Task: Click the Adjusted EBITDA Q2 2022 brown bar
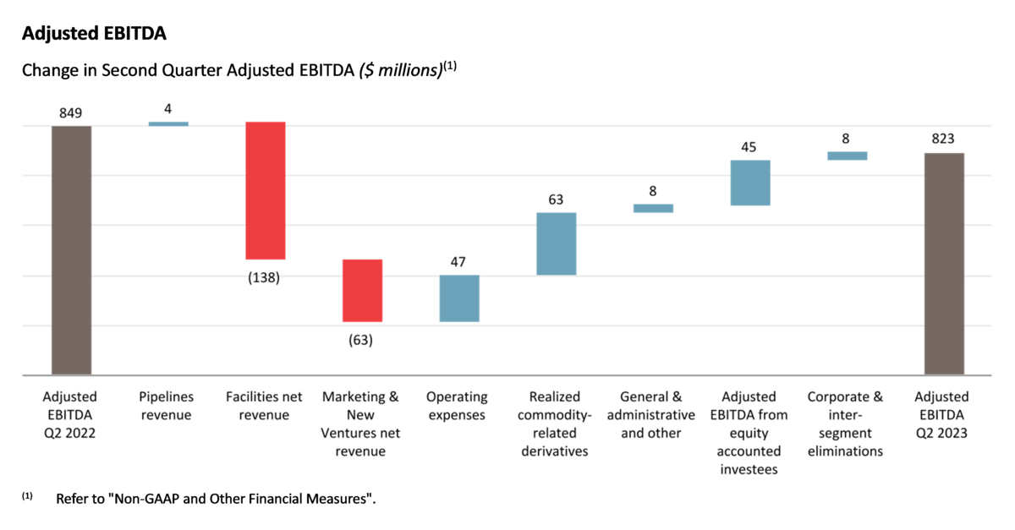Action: (x=72, y=249)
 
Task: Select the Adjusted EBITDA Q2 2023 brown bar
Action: (x=943, y=263)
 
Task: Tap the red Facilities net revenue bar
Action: (x=266, y=190)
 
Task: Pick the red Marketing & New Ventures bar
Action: (x=362, y=290)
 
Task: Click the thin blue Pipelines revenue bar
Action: (x=168, y=123)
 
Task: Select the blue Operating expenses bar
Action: (x=459, y=298)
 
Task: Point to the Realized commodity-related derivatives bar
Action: (x=556, y=243)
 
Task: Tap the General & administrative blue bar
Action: (x=653, y=208)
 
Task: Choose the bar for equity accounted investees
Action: (x=750, y=183)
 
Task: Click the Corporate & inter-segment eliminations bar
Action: (x=847, y=156)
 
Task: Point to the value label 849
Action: (x=71, y=111)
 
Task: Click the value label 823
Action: (x=943, y=138)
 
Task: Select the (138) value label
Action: (x=265, y=277)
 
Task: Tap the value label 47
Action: (x=458, y=262)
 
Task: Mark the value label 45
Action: (x=749, y=147)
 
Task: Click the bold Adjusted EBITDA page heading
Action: (x=94, y=34)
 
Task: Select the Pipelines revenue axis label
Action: (x=168, y=406)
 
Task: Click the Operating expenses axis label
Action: (x=458, y=406)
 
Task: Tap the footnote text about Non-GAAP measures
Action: (x=216, y=499)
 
